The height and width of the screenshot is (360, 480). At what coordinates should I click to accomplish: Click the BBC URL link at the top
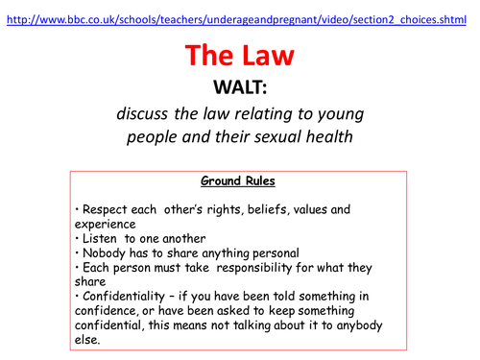click(240, 9)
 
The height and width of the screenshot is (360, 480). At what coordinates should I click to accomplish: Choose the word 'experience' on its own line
click(108, 223)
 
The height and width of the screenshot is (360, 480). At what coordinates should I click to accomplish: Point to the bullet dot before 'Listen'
click(76, 237)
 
